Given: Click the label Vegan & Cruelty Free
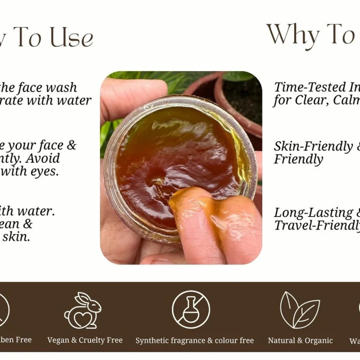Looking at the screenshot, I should click(x=85, y=340).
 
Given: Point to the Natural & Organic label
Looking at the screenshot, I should click(x=300, y=340).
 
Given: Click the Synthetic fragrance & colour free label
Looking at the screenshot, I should click(x=194, y=340).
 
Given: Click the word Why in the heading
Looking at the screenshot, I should click(x=292, y=34).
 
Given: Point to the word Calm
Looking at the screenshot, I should click(x=346, y=100).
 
